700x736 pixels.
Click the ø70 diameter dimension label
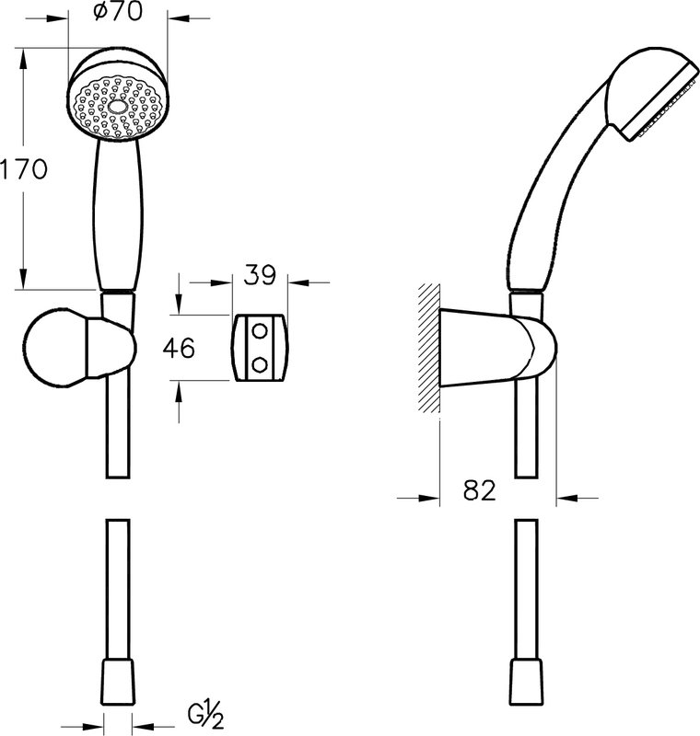click(118, 11)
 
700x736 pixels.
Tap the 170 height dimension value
click(24, 169)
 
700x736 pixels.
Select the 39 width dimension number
click(260, 275)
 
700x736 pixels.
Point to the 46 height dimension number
click(179, 349)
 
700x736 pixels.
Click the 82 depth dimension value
click(479, 490)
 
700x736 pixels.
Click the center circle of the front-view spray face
click(117, 107)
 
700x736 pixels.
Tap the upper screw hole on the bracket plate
click(260, 331)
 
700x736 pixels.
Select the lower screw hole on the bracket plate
click(260, 364)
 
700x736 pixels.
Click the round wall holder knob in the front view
click(55, 348)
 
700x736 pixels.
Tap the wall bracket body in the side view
click(498, 349)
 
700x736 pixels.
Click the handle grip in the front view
click(118, 213)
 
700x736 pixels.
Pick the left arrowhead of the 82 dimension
click(428, 498)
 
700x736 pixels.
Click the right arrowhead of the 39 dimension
click(298, 282)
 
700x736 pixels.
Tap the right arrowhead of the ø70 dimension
click(179, 18)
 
